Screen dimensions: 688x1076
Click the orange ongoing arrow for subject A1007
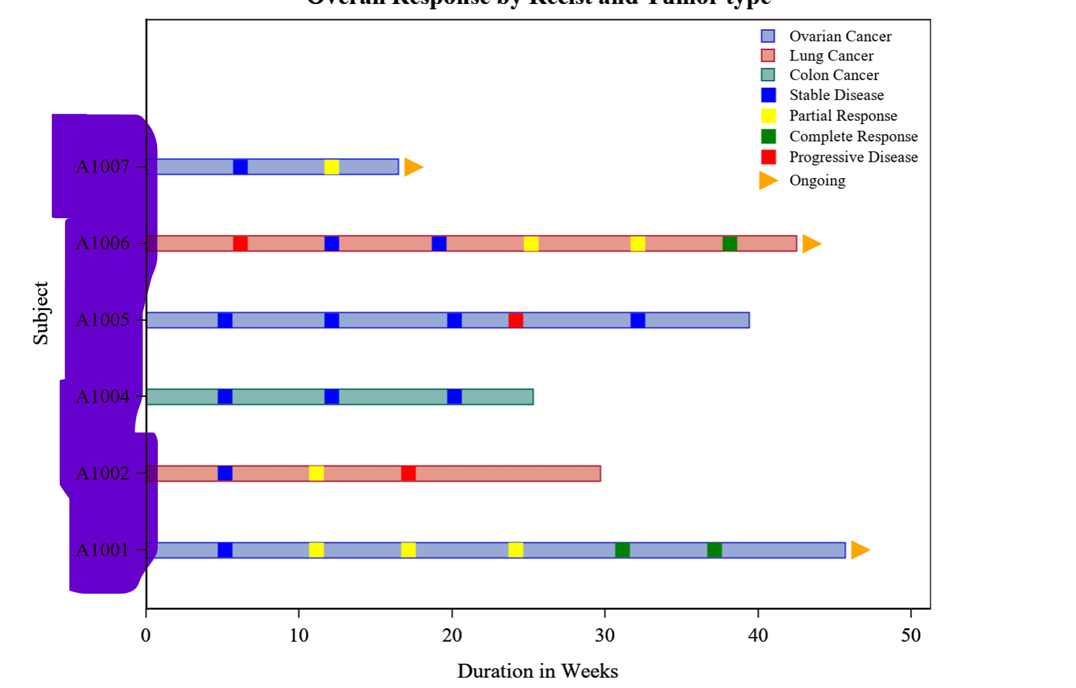pyautogui.click(x=413, y=167)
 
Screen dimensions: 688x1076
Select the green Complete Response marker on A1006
pyautogui.click(x=730, y=244)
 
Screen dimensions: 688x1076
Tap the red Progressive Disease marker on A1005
pyautogui.click(x=516, y=321)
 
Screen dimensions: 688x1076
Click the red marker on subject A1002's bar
pyautogui.click(x=408, y=473)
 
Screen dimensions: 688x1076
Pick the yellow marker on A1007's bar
pyautogui.click(x=332, y=167)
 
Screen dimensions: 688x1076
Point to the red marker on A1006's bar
pyautogui.click(x=241, y=244)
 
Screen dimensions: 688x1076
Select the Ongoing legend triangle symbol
pyautogui.click(x=768, y=180)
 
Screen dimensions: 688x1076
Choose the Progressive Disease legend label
pyautogui.click(x=853, y=157)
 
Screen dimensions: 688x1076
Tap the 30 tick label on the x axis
pyautogui.click(x=605, y=635)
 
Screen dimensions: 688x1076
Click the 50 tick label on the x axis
pyautogui.click(x=911, y=635)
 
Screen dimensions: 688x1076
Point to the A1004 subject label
pyautogui.click(x=103, y=397)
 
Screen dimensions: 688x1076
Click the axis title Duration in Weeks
pyautogui.click(x=538, y=671)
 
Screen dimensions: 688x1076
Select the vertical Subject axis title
pyautogui.click(x=41, y=313)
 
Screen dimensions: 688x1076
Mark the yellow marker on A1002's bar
pyautogui.click(x=316, y=473)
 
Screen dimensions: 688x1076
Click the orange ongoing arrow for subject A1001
pyautogui.click(x=859, y=550)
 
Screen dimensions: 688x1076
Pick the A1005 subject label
pyautogui.click(x=103, y=320)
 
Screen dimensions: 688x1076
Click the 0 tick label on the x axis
pyautogui.click(x=146, y=635)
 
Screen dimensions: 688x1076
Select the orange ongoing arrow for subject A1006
pyautogui.click(x=811, y=244)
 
